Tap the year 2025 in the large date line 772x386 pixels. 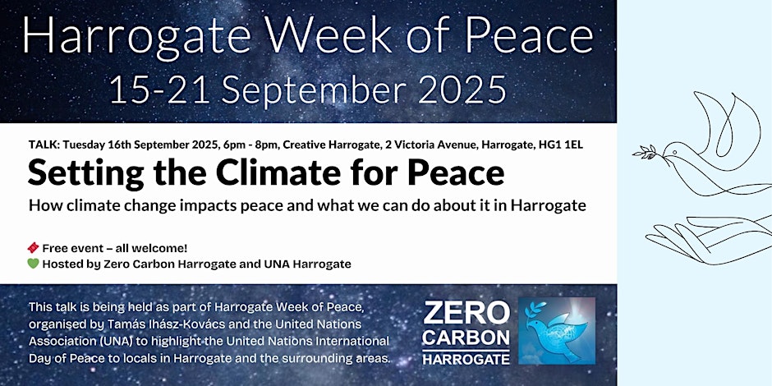(x=463, y=90)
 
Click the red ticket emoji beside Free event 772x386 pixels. (x=33, y=248)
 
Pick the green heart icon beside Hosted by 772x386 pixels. (x=33, y=264)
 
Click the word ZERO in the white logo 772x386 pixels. (x=466, y=313)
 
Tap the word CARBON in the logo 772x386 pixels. (x=466, y=338)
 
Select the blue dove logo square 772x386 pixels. (x=557, y=330)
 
